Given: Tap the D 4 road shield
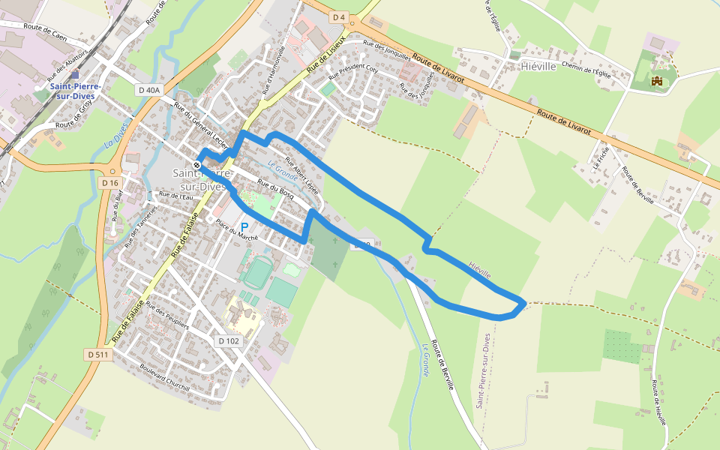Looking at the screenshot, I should coord(339,16).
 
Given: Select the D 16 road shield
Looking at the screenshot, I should coord(110,183).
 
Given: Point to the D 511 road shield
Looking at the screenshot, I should coord(97,354).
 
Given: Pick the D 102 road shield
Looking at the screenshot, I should coord(229,340).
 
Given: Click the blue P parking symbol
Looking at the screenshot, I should coord(244,226).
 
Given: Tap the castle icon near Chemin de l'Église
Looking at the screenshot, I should coord(657,81).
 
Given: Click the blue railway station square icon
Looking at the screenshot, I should coord(74,75).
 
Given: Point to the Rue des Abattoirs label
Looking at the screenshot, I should coord(67,65).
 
